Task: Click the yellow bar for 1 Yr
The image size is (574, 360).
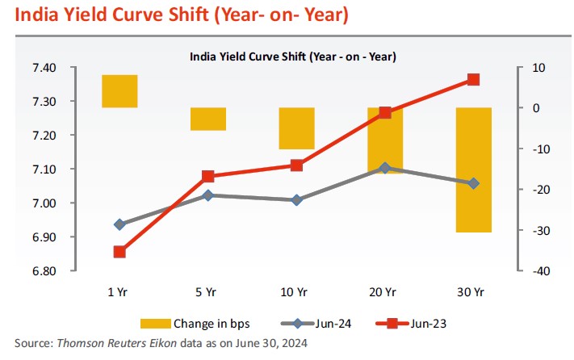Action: [119, 90]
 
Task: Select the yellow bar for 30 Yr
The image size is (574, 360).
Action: [473, 170]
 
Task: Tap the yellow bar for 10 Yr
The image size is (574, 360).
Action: [296, 128]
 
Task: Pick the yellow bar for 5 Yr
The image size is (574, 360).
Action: [208, 118]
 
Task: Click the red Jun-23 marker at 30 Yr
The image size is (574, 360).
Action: [473, 80]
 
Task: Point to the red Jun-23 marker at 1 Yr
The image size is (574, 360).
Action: [119, 252]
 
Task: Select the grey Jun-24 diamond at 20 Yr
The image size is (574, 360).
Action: [385, 168]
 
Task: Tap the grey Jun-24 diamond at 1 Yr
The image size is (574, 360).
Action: [119, 224]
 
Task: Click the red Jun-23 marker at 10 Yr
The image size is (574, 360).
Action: [296, 165]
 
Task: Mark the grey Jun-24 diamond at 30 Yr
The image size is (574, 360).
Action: [473, 183]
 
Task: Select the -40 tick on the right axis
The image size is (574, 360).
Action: [540, 271]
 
